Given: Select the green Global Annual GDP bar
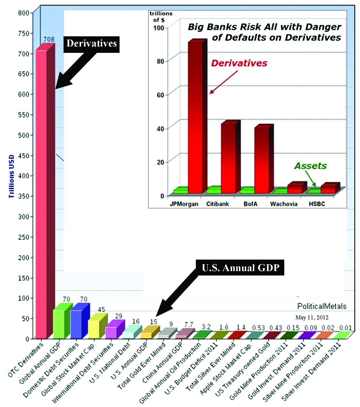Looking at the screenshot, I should [59, 324].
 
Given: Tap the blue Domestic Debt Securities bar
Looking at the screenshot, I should [76, 324].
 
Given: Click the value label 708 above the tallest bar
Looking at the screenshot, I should [49, 39].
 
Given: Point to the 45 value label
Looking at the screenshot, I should [101, 309].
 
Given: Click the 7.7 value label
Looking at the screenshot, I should [189, 324].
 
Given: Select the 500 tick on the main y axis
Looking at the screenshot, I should [24, 135].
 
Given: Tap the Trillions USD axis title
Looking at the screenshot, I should [11, 176].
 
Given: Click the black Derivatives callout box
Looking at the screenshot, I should [91, 44].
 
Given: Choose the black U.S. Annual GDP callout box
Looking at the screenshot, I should [240, 267].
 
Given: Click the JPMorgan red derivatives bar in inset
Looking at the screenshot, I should [195, 119].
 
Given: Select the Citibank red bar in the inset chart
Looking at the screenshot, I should [228, 158].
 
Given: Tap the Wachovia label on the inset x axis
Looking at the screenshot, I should [284, 204].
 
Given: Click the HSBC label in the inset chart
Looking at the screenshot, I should [317, 204].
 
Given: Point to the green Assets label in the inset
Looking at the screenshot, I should [310, 166].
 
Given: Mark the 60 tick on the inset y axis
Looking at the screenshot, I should [161, 95].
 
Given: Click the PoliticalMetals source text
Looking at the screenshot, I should [322, 306].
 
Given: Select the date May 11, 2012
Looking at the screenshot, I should [312, 317].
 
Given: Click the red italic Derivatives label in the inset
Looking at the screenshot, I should [239, 63].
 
